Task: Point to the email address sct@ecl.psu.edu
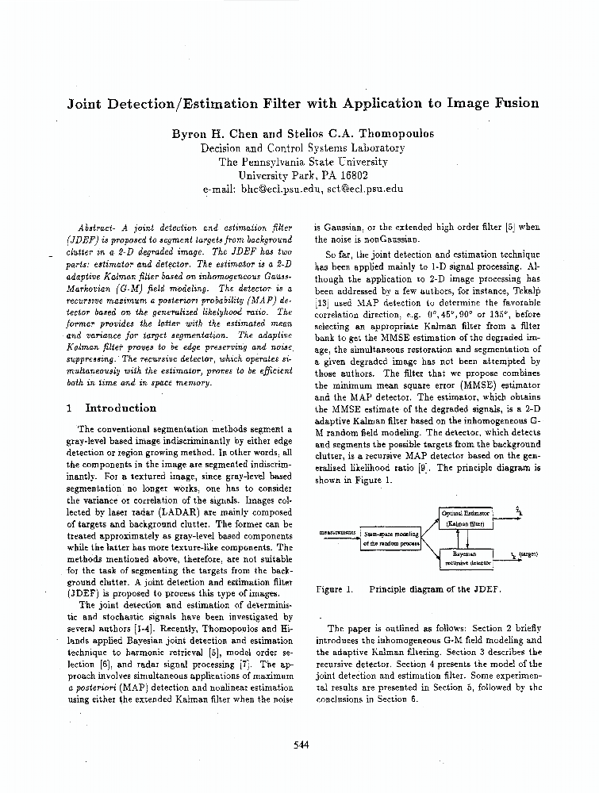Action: pyautogui.click(x=365, y=190)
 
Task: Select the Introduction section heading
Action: pyautogui.click(x=121, y=408)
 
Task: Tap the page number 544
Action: pyautogui.click(x=301, y=744)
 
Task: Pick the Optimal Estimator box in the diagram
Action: pyautogui.click(x=466, y=519)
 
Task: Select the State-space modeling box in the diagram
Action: pyautogui.click(x=391, y=538)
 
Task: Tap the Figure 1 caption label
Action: pyautogui.click(x=334, y=589)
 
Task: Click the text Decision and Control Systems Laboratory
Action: pyautogui.click(x=302, y=147)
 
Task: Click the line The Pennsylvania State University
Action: pyautogui.click(x=302, y=162)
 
